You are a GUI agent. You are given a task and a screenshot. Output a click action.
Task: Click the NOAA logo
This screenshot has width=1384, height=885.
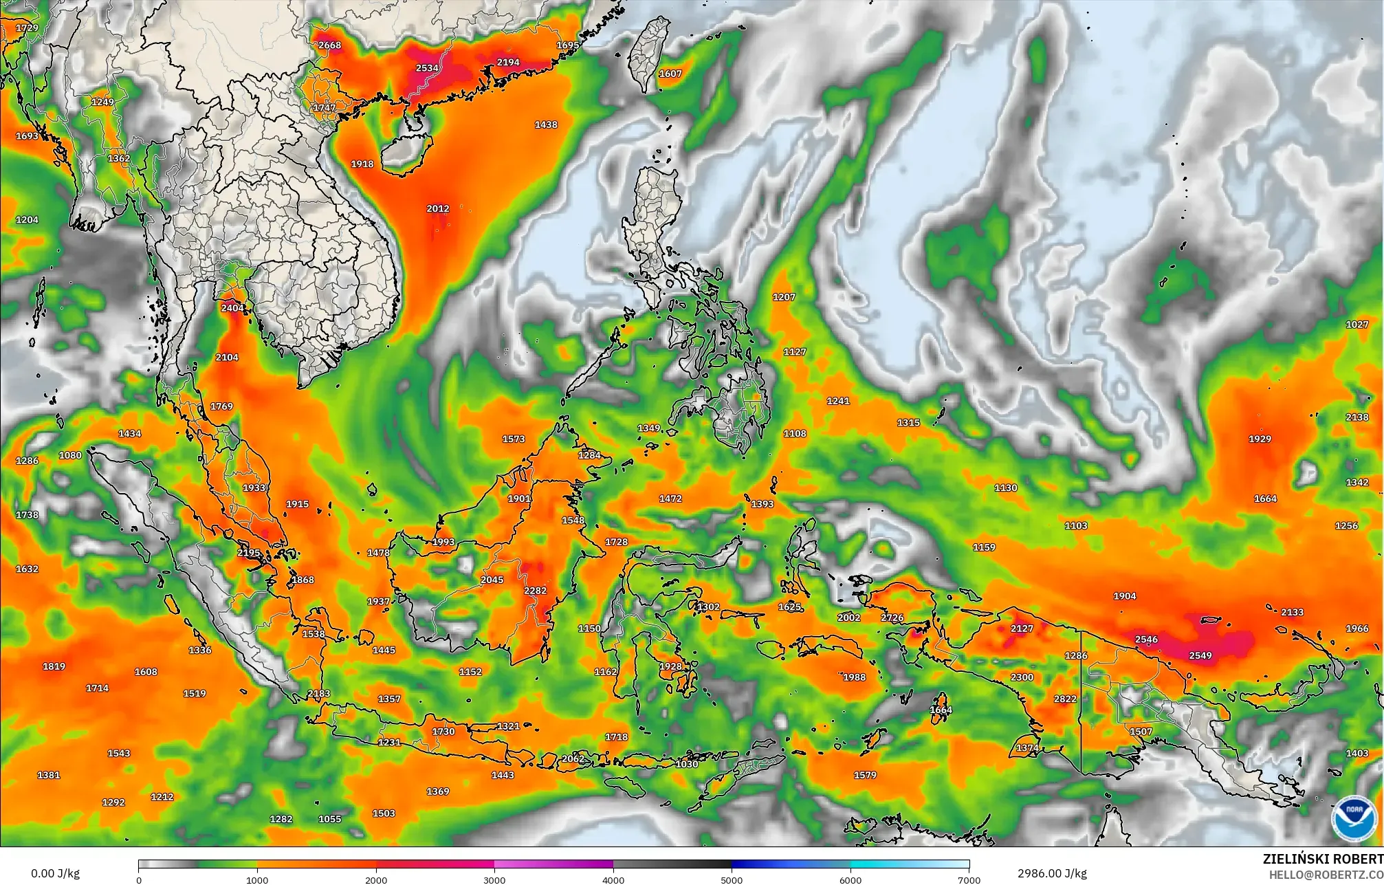[x=1354, y=818]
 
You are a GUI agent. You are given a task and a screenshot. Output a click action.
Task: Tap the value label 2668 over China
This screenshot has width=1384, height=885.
[x=329, y=45]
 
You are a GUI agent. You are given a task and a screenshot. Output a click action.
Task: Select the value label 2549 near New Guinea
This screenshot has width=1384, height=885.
[x=1200, y=655]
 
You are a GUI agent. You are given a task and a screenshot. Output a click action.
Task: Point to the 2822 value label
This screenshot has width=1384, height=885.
[x=1065, y=699]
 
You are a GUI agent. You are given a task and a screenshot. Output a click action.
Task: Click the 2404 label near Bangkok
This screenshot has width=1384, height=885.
[x=232, y=308]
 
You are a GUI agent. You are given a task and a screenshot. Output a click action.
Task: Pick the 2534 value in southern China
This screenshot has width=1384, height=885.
[x=427, y=68]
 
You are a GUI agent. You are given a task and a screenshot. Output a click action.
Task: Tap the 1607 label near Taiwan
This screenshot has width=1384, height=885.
[x=670, y=74]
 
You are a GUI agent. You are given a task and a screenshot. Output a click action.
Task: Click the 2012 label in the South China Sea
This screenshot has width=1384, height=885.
[x=438, y=208]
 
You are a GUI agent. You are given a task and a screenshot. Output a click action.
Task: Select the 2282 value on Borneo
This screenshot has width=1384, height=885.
[x=535, y=591]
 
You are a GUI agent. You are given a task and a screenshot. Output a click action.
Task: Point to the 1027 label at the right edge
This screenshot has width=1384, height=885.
[x=1356, y=325]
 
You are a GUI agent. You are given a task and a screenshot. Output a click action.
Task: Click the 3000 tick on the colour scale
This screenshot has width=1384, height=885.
[x=494, y=879]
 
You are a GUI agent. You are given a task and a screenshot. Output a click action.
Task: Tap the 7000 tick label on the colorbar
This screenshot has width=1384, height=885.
[x=969, y=879]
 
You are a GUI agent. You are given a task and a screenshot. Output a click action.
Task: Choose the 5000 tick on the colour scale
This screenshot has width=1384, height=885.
[x=732, y=879]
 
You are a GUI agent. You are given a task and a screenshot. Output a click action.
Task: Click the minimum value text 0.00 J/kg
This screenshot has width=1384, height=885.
[x=55, y=874]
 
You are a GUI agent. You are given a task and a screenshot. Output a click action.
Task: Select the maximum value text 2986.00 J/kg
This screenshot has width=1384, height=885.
[x=1052, y=873]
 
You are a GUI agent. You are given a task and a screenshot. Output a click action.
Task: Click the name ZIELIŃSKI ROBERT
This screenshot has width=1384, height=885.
[x=1323, y=859]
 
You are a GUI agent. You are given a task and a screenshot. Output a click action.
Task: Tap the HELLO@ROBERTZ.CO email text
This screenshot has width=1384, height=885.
[x=1326, y=875]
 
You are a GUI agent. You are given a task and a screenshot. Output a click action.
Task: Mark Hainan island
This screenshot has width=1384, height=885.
[x=406, y=153]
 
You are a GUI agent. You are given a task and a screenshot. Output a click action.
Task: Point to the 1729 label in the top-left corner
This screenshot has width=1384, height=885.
[x=27, y=28]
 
